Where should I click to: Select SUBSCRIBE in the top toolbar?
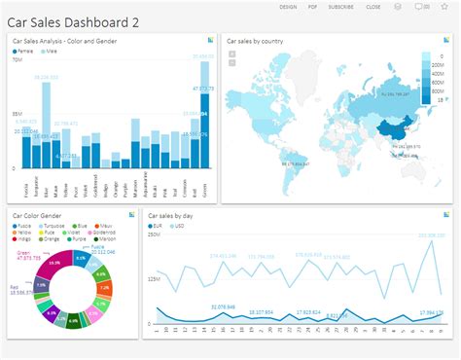[x=340, y=7]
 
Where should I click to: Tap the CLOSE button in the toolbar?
[x=372, y=7]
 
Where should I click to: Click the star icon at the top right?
[x=444, y=7]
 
